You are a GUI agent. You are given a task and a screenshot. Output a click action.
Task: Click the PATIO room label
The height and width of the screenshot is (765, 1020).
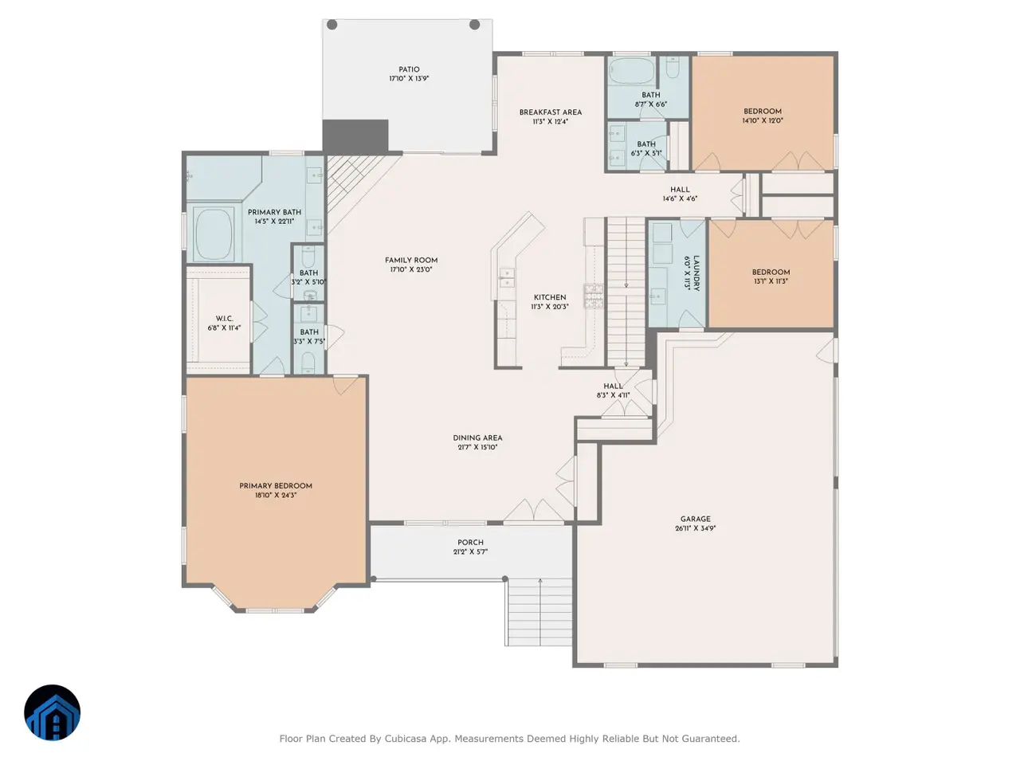[x=409, y=69]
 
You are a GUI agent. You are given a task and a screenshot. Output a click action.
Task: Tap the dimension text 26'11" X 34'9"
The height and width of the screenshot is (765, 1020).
[x=695, y=528]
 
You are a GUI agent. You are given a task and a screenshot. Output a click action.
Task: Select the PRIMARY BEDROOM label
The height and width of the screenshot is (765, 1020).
[x=276, y=486]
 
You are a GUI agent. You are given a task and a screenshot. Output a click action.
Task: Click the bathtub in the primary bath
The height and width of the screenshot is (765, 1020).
[x=214, y=234]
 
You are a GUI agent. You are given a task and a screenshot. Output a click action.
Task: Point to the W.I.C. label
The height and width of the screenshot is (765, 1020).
[x=224, y=319]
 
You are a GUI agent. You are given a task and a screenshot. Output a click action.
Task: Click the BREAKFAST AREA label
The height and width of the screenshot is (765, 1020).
[x=550, y=112]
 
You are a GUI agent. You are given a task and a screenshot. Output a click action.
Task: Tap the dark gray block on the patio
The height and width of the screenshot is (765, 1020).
[x=355, y=136]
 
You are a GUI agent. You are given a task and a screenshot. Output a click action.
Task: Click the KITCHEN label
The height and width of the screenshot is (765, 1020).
[x=550, y=297]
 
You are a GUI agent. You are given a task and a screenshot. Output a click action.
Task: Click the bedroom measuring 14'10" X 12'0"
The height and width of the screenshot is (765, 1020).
[x=763, y=113]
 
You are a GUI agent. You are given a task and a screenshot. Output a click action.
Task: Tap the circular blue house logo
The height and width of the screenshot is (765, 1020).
[x=52, y=712]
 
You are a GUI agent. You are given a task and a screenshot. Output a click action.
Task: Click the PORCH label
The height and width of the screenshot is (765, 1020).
[x=470, y=543]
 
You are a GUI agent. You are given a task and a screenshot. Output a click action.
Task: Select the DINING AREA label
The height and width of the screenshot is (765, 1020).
[x=477, y=438]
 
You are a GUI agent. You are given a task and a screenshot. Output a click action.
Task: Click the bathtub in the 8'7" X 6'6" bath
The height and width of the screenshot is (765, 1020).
[x=631, y=71]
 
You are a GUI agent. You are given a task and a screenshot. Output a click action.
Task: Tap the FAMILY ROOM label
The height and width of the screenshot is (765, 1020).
[x=410, y=260]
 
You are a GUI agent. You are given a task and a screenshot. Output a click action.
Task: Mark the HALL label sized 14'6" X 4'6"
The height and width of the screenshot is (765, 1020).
[x=680, y=190]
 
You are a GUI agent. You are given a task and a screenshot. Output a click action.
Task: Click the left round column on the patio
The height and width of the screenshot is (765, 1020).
[x=331, y=25]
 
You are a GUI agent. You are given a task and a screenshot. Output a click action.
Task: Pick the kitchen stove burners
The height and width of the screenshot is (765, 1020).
[x=594, y=296]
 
